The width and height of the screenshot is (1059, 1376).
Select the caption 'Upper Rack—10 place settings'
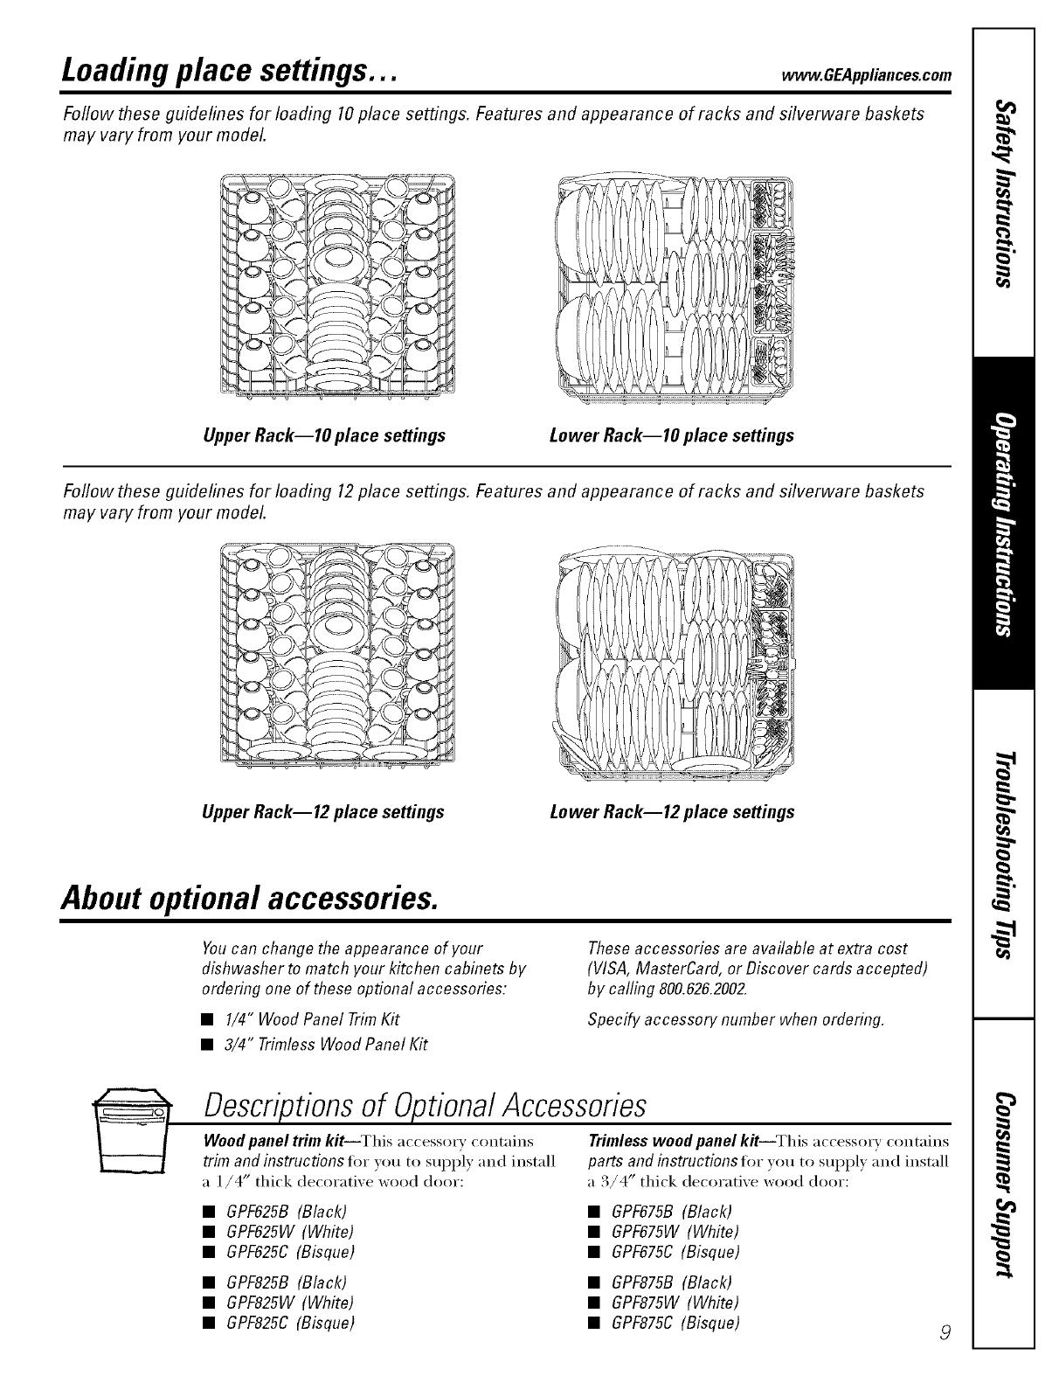(x=323, y=435)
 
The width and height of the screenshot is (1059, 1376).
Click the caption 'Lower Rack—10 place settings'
(x=672, y=435)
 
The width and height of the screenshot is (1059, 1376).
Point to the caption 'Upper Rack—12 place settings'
(x=323, y=812)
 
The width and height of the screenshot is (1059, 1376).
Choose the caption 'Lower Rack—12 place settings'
(x=672, y=812)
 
